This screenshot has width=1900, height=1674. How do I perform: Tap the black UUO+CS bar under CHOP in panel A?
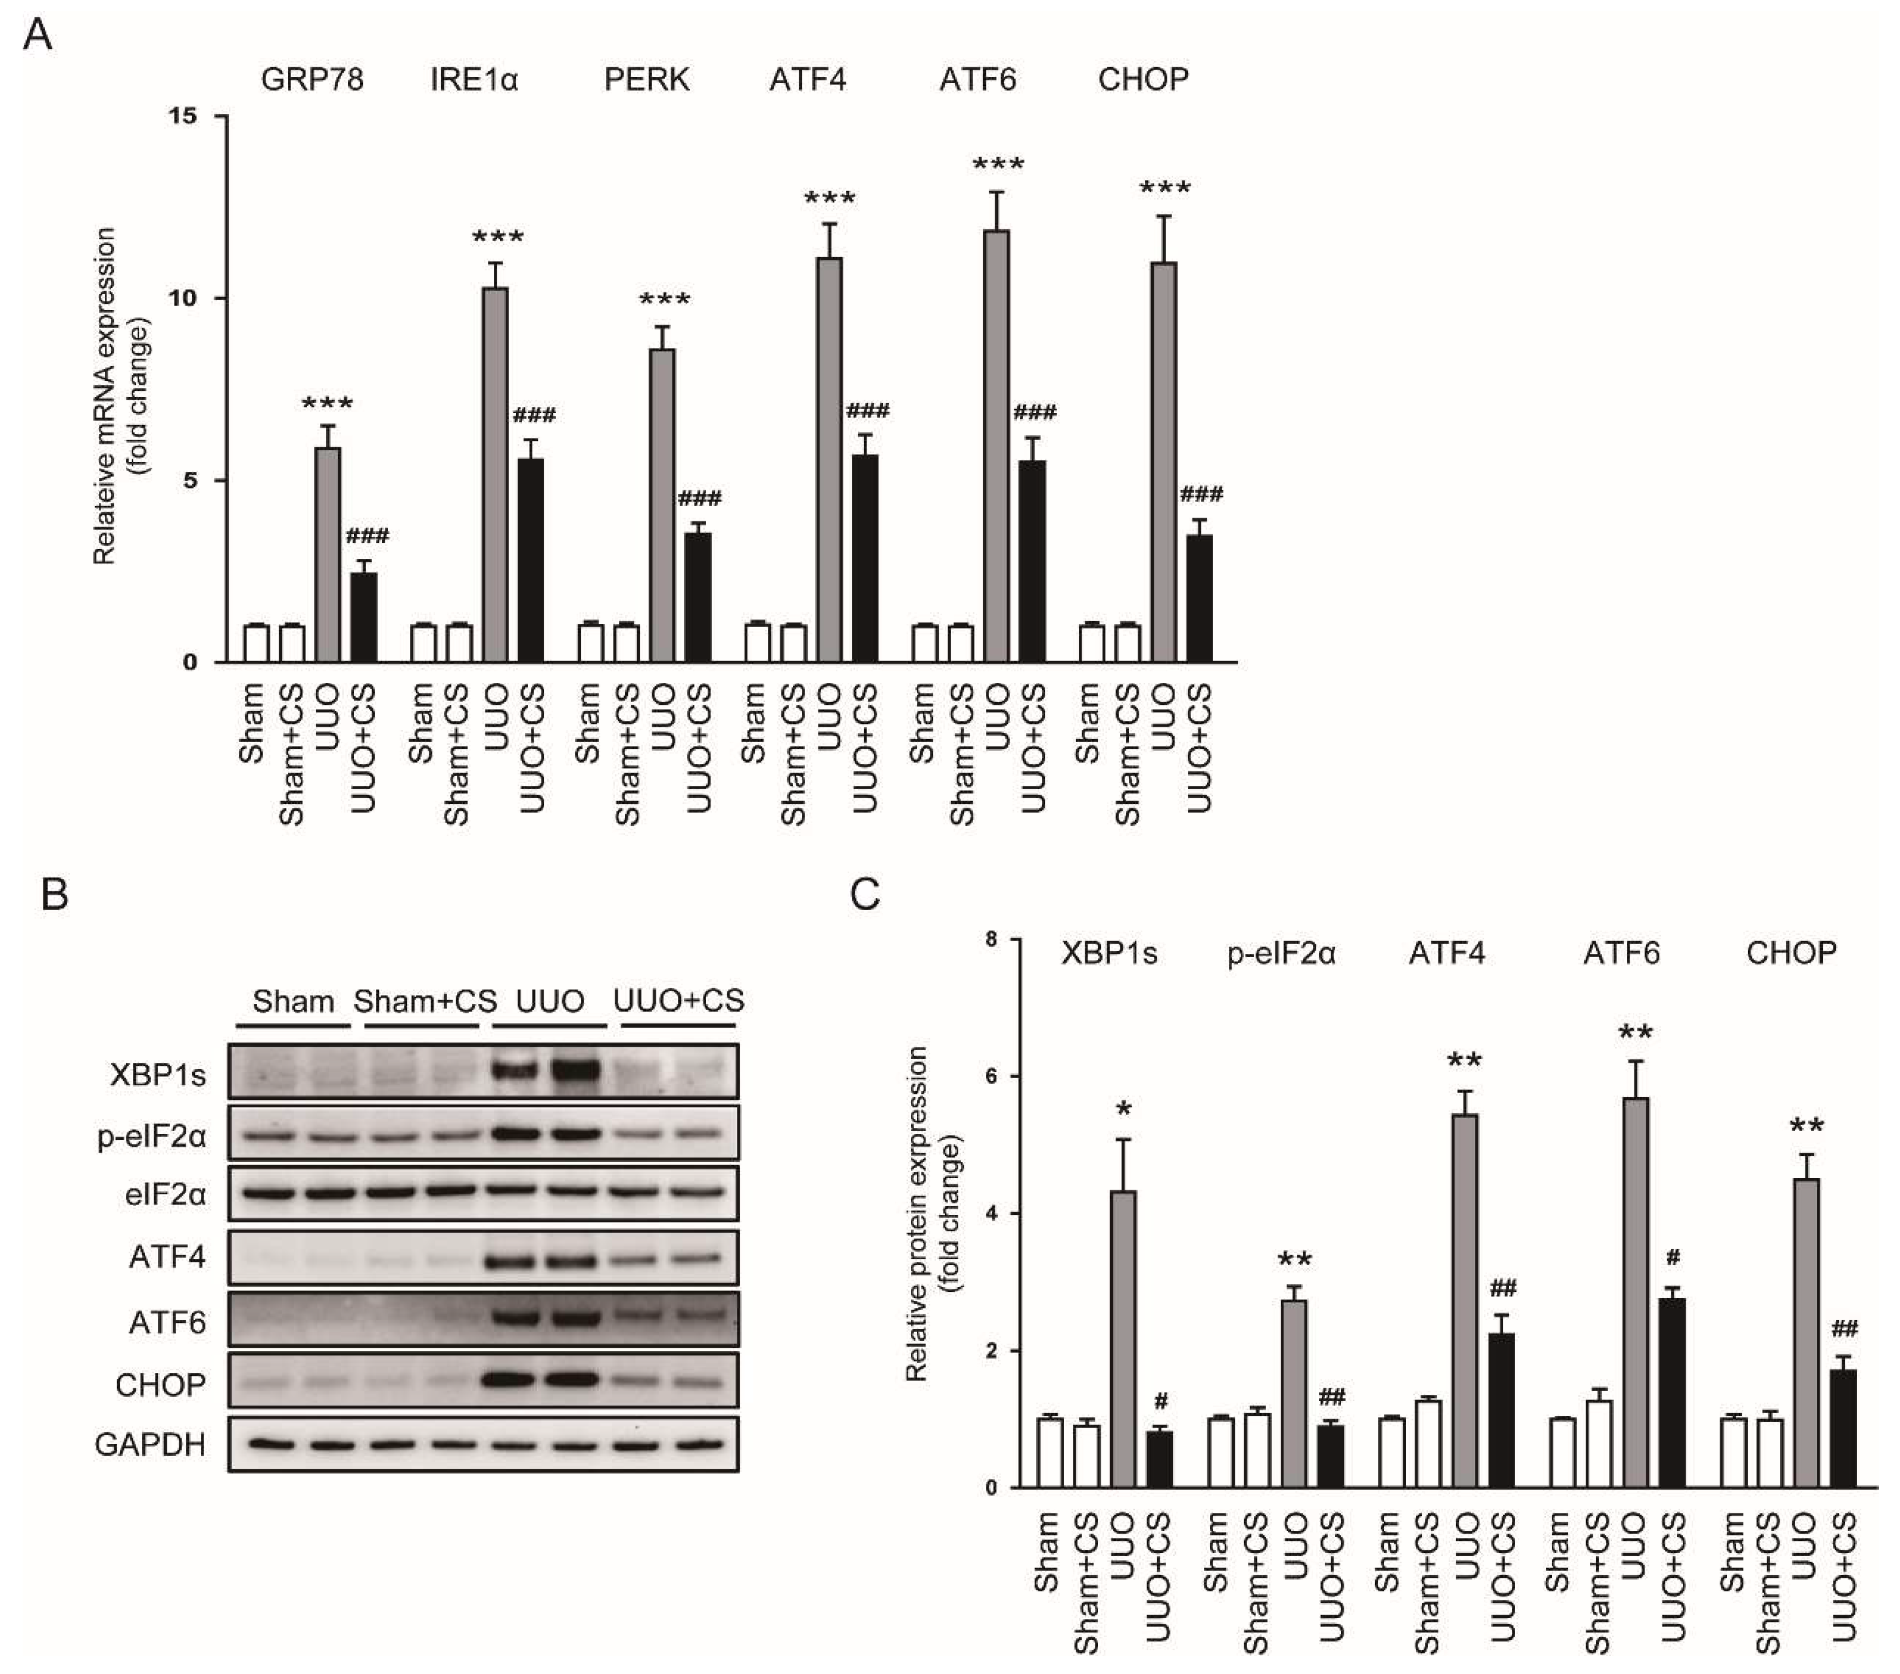tap(1199, 599)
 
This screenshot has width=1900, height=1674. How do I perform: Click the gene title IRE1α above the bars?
tap(474, 80)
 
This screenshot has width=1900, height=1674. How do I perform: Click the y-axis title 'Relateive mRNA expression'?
tap(105, 395)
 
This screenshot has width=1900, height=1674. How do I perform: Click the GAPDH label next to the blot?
tap(151, 1444)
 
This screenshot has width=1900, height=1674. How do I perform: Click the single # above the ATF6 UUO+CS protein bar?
tap(1673, 1258)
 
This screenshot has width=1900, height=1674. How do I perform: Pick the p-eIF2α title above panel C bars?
tap(1282, 953)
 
